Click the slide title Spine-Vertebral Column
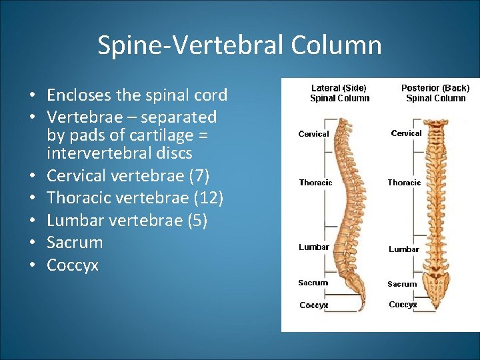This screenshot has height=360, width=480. (x=239, y=45)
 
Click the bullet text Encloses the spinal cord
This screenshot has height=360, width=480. (x=137, y=95)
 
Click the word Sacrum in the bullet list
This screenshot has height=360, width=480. (x=75, y=243)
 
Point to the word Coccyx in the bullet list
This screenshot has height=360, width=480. (x=73, y=265)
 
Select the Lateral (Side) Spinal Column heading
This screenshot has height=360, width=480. (x=339, y=93)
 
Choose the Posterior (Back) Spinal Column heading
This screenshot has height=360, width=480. (x=435, y=93)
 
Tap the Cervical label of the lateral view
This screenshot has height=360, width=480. (x=313, y=134)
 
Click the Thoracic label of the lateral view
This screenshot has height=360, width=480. (x=315, y=183)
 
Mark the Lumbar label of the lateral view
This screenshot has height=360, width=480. (x=313, y=247)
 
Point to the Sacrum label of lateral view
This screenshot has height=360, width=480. (x=313, y=283)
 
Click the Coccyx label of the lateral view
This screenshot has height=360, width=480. (x=313, y=305)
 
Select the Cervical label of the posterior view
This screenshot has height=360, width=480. (x=406, y=133)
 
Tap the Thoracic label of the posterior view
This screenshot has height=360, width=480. (x=404, y=183)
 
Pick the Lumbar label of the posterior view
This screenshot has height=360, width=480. (x=403, y=249)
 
